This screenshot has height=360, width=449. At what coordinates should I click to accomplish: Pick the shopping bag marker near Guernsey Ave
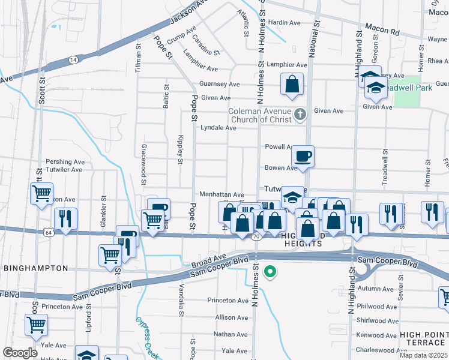pyautogui.click(x=292, y=85)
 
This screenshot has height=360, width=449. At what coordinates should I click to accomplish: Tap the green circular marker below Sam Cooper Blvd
pyautogui.click(x=270, y=272)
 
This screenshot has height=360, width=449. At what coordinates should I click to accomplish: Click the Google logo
pyautogui.click(x=20, y=353)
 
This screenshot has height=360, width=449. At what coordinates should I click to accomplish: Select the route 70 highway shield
pyautogui.click(x=256, y=237)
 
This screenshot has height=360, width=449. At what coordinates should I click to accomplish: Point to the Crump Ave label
pyautogui.click(x=182, y=37)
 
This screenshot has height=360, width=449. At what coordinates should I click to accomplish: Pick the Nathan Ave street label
pyautogui.click(x=231, y=334)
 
